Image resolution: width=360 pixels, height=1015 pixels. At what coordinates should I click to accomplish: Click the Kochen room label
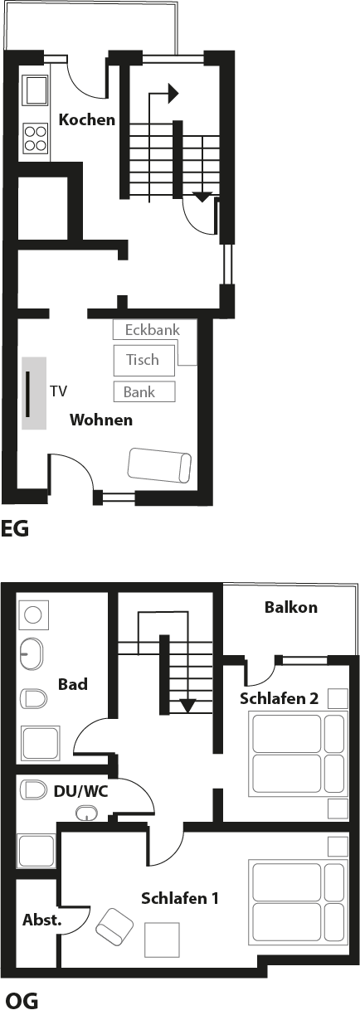click(86, 119)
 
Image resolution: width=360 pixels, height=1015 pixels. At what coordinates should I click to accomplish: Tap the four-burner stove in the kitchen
click(36, 138)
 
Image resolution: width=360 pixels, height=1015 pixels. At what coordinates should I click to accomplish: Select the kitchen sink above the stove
click(36, 90)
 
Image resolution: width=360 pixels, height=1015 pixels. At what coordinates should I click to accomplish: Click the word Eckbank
click(153, 330)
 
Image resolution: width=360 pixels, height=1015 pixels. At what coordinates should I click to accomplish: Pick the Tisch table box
click(144, 360)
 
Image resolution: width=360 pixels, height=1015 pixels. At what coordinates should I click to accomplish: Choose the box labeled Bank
click(144, 391)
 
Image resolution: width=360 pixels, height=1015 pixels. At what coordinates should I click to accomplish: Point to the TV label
click(59, 391)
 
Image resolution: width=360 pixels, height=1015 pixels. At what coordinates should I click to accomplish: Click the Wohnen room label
click(101, 420)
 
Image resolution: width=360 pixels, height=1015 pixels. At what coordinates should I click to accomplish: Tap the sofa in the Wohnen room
click(159, 465)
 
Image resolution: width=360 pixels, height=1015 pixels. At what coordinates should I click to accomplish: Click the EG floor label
click(14, 529)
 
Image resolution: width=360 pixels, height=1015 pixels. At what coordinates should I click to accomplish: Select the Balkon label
click(291, 607)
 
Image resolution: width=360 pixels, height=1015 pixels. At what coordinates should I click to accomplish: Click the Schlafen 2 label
click(279, 699)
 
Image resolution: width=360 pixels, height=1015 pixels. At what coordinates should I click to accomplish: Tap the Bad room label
click(72, 684)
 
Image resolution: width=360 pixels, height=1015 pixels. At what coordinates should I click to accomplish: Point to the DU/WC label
click(80, 792)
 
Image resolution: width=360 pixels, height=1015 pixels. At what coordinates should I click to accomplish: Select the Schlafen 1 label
click(180, 898)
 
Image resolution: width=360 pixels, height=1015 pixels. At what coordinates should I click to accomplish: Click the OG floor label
click(22, 1001)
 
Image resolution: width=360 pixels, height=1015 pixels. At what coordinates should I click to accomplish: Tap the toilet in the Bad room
click(33, 699)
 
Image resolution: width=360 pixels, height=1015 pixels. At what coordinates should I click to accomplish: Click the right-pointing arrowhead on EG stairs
click(173, 94)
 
